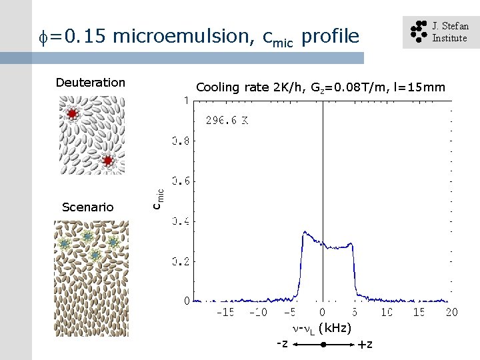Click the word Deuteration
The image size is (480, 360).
pyautogui.click(x=90, y=83)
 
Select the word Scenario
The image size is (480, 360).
pyautogui.click(x=87, y=207)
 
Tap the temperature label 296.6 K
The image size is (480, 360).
pyautogui.click(x=227, y=121)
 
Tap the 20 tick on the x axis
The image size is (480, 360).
pyautogui.click(x=451, y=313)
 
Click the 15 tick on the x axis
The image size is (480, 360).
pyautogui.click(x=419, y=313)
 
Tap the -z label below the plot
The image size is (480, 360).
pyautogui.click(x=283, y=343)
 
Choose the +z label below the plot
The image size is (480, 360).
pyautogui.click(x=365, y=345)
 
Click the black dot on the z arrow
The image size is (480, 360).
pyautogui.click(x=323, y=345)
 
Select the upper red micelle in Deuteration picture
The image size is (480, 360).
pyautogui.click(x=72, y=114)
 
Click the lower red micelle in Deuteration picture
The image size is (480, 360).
pyautogui.click(x=107, y=160)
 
